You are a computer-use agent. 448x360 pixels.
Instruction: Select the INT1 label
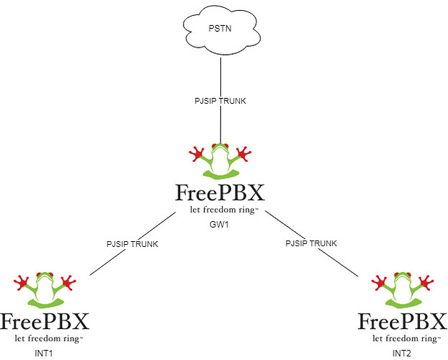pos(45,354)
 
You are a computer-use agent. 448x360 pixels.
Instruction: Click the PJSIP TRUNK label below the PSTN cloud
pos(220,101)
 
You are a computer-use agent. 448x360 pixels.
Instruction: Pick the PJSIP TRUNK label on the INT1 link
pos(132,244)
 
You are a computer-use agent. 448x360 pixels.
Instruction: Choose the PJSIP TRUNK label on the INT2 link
pos(311,244)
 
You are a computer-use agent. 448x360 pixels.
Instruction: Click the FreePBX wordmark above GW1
pos(220,193)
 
